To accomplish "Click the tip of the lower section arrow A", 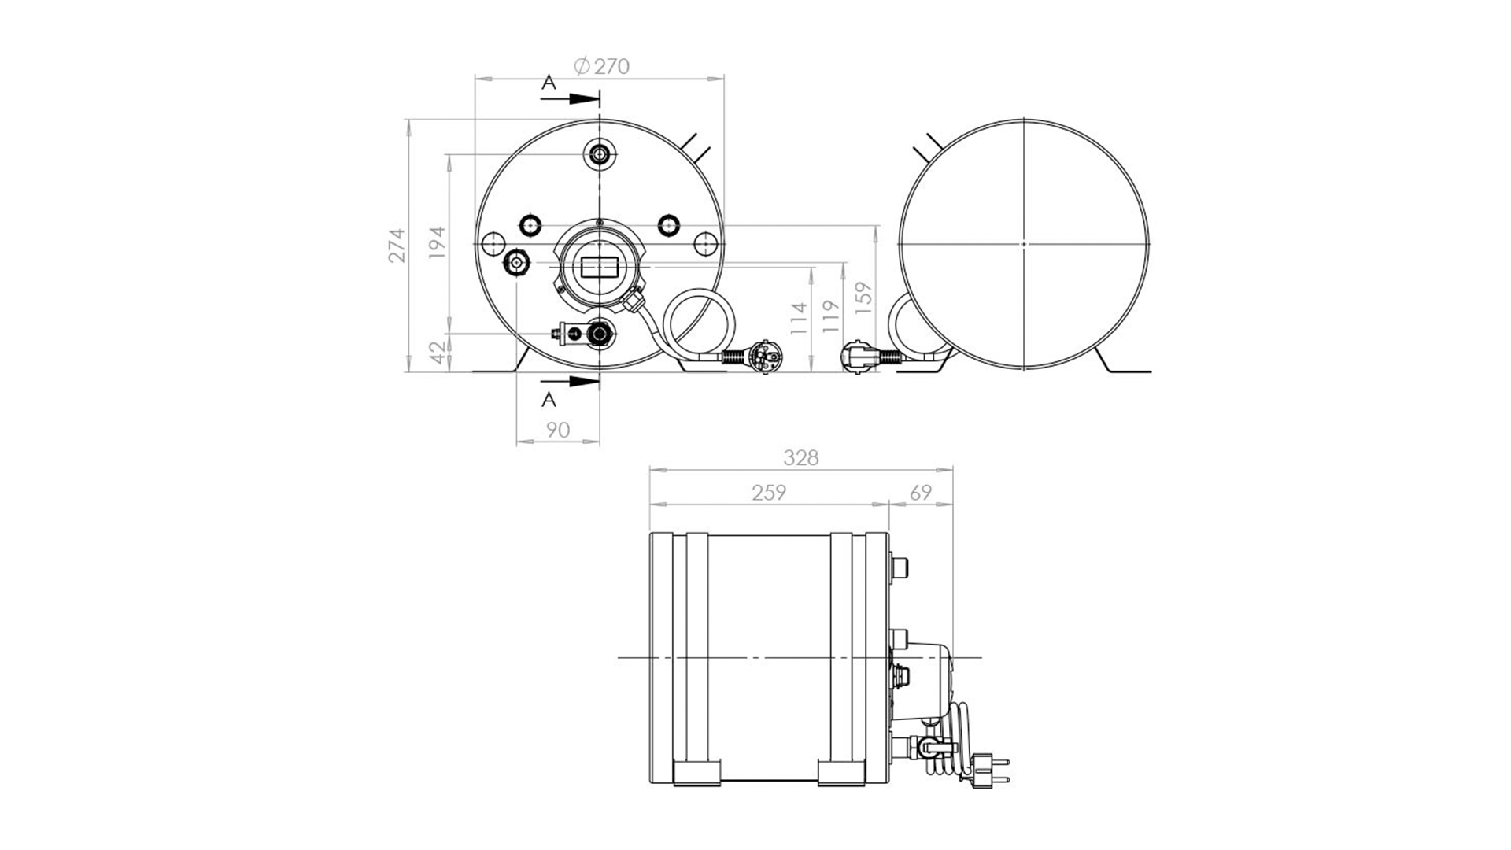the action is (x=599, y=381).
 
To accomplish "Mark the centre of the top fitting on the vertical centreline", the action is (x=600, y=154).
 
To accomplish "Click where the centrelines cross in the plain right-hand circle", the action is (x=1024, y=244).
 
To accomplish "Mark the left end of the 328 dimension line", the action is (x=649, y=471).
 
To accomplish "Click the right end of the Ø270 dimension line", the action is (x=724, y=78).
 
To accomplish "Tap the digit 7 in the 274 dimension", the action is (x=398, y=245).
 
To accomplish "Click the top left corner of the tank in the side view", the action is (x=650, y=533).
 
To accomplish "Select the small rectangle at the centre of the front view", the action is (x=600, y=268).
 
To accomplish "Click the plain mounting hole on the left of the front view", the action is (x=493, y=243).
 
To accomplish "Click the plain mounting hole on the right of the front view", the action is (x=707, y=243).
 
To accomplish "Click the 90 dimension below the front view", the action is (x=557, y=430).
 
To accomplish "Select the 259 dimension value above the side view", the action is (x=769, y=493).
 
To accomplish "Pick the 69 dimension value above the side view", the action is (x=920, y=493).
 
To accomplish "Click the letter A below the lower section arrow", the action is (x=549, y=400).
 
